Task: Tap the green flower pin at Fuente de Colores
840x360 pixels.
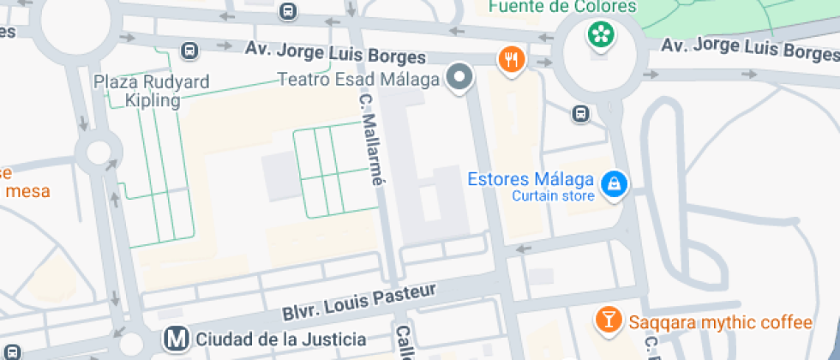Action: (601, 34)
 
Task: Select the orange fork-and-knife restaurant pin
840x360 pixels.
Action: (512, 59)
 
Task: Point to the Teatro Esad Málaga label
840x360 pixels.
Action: (358, 80)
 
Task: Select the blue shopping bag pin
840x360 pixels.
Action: (614, 183)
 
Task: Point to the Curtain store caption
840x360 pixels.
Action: (553, 196)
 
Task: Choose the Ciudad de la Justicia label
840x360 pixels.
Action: (281, 339)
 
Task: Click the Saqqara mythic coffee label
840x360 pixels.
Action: (720, 322)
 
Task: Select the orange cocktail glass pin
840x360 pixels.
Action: (608, 321)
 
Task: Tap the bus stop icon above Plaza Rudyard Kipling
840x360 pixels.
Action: (189, 51)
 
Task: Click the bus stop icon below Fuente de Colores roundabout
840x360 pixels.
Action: (581, 113)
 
